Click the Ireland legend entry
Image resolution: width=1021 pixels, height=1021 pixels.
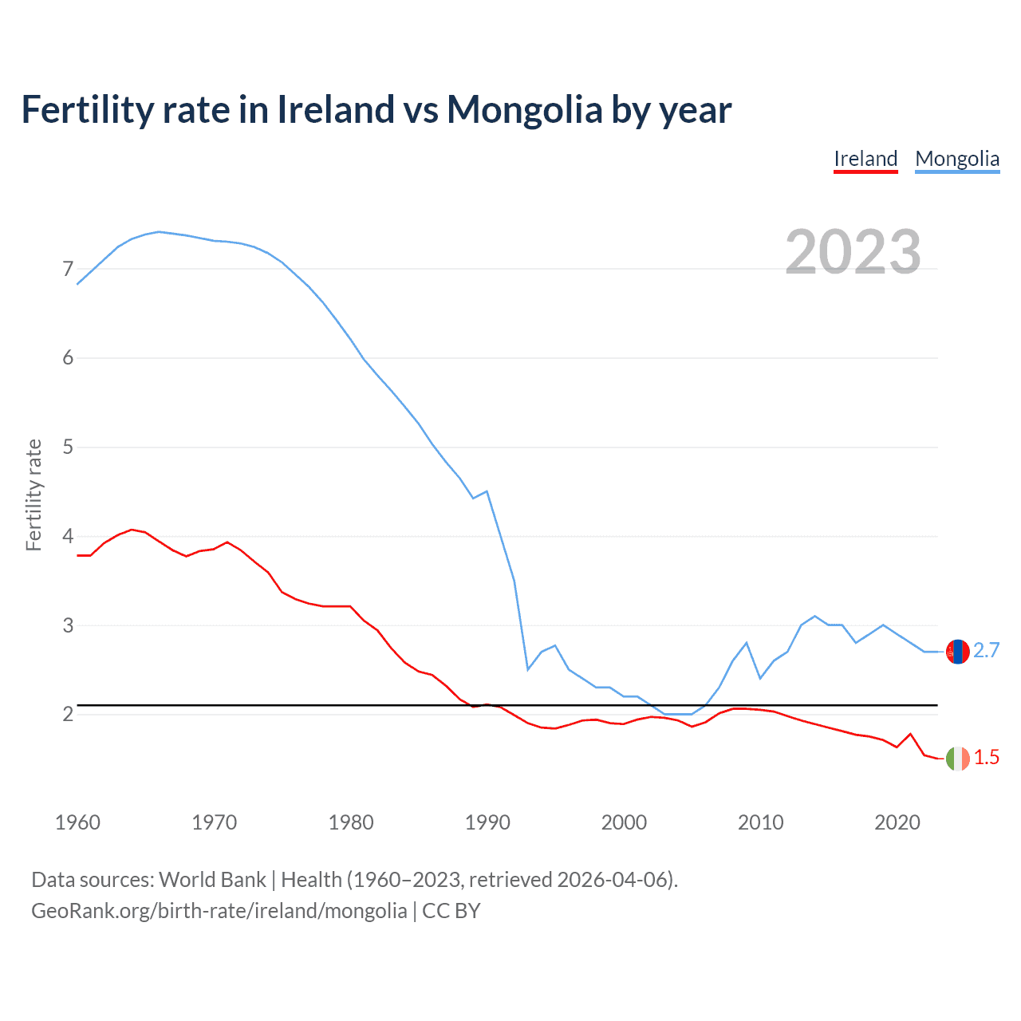click(x=865, y=159)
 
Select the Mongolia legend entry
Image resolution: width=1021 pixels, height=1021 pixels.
click(x=957, y=159)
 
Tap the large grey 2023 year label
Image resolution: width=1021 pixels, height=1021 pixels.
click(x=853, y=252)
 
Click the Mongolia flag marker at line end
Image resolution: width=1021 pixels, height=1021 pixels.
click(x=957, y=652)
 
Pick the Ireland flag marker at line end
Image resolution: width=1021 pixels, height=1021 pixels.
click(x=957, y=759)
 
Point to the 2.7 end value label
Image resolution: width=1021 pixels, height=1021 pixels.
click(x=987, y=651)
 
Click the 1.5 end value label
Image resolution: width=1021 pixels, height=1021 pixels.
click(x=987, y=758)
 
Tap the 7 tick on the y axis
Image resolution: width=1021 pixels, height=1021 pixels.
click(x=68, y=269)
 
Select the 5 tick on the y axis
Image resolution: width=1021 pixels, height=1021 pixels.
click(x=68, y=447)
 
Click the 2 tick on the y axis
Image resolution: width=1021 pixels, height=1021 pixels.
click(x=68, y=714)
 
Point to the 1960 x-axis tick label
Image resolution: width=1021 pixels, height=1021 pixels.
click(x=77, y=822)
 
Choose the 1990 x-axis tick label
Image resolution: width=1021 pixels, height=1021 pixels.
click(x=487, y=822)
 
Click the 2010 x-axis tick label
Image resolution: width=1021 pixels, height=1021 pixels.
click(x=760, y=822)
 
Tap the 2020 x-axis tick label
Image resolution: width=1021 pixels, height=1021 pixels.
click(x=897, y=822)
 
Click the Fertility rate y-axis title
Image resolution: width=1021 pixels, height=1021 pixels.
click(x=34, y=495)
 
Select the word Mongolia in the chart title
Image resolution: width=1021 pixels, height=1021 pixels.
click(x=524, y=109)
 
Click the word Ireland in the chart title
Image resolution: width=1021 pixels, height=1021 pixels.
click(x=336, y=109)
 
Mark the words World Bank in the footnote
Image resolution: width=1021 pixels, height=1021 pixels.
click(x=212, y=880)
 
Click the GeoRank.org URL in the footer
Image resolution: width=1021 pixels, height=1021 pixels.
click(x=219, y=911)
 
